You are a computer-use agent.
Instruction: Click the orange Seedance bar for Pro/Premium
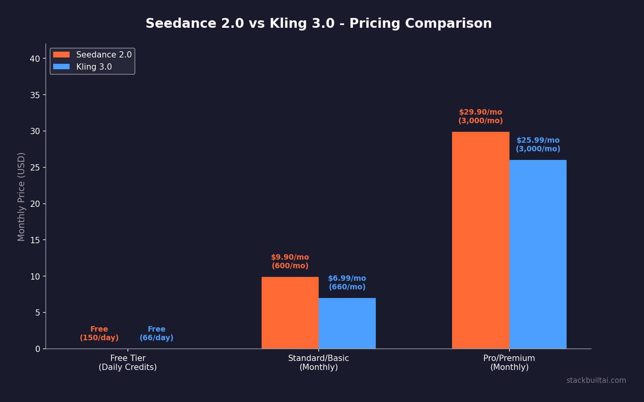[481, 240]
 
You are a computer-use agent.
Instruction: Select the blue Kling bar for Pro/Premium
[538, 254]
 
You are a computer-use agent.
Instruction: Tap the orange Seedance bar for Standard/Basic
[290, 313]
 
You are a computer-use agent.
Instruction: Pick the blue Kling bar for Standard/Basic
[347, 323]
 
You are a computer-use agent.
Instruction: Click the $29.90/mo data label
[481, 117]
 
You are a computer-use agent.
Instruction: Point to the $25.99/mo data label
[538, 145]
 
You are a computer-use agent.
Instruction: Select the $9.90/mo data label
[290, 262]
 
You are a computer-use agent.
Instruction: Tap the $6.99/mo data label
[347, 283]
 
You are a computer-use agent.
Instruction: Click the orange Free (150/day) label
[99, 334]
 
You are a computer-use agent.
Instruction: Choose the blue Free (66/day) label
[156, 334]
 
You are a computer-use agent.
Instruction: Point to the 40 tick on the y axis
[35, 59]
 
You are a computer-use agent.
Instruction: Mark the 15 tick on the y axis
[35, 240]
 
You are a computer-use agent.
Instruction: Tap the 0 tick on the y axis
[38, 349]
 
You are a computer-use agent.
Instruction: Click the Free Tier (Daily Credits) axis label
[127, 363]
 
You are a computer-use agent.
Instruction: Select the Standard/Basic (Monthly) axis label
[318, 363]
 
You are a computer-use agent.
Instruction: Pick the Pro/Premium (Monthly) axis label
[509, 363]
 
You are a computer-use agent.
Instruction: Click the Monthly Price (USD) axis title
[21, 197]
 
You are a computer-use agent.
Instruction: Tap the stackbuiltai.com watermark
[596, 380]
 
